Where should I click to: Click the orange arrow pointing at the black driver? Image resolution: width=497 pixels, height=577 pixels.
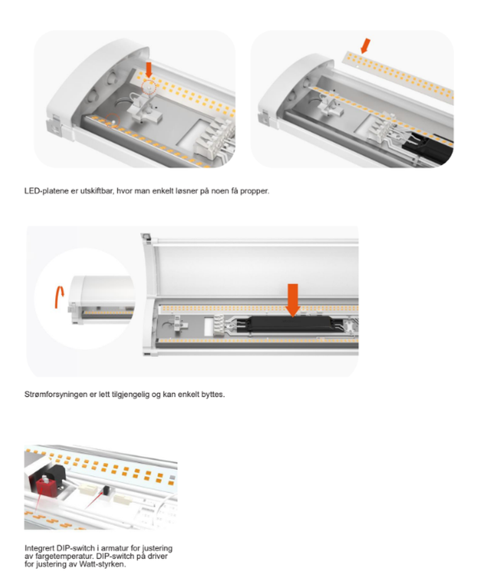[x=293, y=300]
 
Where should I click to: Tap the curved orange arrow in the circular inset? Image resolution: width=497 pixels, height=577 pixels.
[x=59, y=297]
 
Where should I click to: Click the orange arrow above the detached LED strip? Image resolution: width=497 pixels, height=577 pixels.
[x=366, y=46]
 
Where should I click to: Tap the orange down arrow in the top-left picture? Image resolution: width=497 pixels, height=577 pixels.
[x=149, y=70]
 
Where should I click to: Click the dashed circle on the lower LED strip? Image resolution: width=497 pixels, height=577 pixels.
[x=113, y=121]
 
